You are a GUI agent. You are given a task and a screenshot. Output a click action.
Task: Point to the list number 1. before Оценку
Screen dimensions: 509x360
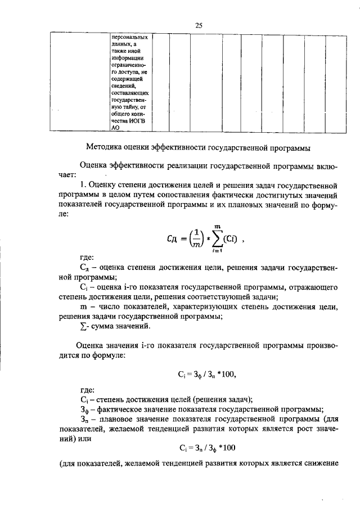pos(83,184)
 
